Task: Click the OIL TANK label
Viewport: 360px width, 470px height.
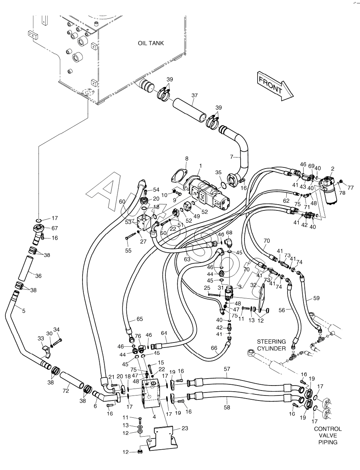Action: pyautogui.click(x=151, y=43)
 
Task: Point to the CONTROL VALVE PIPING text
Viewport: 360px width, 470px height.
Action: pyautogui.click(x=327, y=435)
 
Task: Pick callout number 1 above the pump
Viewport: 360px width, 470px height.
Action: pyautogui.click(x=200, y=166)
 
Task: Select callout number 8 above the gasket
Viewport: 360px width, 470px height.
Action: pyautogui.click(x=187, y=158)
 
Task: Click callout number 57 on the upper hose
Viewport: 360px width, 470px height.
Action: pyautogui.click(x=227, y=369)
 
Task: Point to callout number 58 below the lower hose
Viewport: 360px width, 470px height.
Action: pyautogui.click(x=227, y=407)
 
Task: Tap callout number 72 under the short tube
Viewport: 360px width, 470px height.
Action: pyautogui.click(x=66, y=391)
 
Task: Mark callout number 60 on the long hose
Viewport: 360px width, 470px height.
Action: pyautogui.click(x=122, y=201)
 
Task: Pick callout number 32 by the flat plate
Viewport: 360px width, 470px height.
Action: pyautogui.click(x=264, y=285)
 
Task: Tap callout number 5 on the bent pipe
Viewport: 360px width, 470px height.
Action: pyautogui.click(x=23, y=311)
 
